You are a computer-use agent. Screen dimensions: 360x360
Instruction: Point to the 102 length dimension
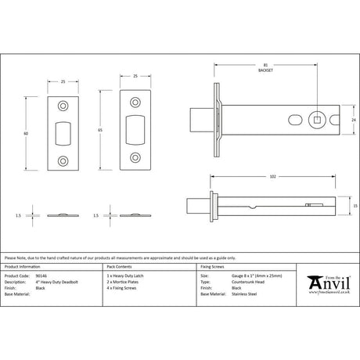[272, 178]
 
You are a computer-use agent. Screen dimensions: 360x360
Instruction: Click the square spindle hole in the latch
[317, 120]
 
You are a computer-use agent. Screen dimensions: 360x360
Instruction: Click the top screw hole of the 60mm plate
[64, 102]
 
